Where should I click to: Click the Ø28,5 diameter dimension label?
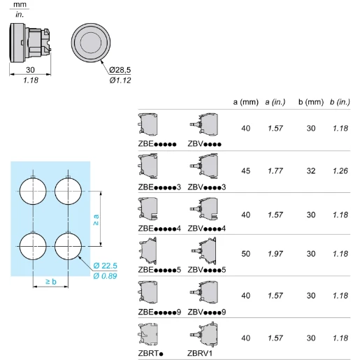[x=120, y=70]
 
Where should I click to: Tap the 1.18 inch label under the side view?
[x=31, y=80]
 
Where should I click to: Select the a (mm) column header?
[x=246, y=102]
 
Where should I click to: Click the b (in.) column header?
[x=340, y=102]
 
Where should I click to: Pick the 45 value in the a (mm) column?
[x=246, y=171]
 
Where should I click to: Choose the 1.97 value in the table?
[x=275, y=254]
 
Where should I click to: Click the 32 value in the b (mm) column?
[x=311, y=171]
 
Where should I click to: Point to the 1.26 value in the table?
[x=340, y=171]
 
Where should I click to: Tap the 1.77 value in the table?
[x=275, y=171]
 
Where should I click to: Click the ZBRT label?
[x=150, y=353]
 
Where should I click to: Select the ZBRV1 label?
[x=200, y=353]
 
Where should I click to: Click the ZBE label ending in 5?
[x=159, y=270]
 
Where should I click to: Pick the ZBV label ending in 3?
[x=207, y=187]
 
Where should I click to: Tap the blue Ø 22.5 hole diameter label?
[x=105, y=266]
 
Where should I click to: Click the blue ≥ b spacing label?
[x=51, y=282]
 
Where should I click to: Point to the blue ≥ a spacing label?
[x=96, y=219]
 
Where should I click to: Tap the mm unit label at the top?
[x=20, y=4]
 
